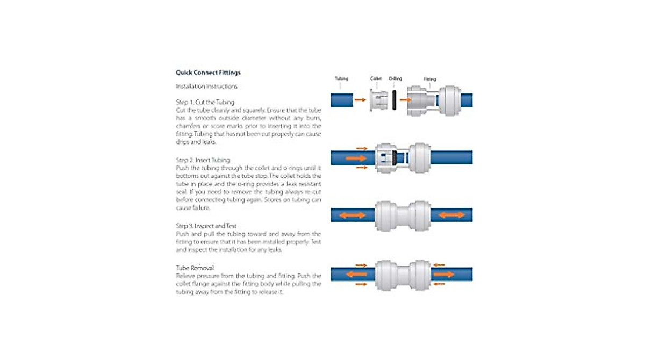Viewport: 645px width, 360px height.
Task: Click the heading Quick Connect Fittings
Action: pos(208,73)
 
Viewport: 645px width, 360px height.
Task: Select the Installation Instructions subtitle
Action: pos(206,87)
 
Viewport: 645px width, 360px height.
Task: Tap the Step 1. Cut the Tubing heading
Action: pos(205,102)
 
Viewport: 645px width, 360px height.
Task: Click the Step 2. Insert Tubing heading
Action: pos(203,160)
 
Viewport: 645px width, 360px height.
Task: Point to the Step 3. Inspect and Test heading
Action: pos(206,226)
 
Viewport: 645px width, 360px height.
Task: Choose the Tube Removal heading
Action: pos(195,268)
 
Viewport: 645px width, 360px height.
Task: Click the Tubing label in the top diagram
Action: pos(341,78)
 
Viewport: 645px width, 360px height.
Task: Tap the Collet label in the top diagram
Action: pos(376,78)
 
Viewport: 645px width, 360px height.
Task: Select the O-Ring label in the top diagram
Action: pos(396,78)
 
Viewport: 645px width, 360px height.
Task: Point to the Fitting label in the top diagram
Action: pos(430,79)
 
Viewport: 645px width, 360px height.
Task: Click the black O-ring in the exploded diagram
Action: pos(394,100)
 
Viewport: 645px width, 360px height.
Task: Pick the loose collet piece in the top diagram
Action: pos(378,100)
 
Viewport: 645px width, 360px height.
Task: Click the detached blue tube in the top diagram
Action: pos(342,100)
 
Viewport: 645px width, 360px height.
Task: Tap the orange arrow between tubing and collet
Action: pos(360,100)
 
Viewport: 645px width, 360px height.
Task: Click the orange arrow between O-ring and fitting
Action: pos(405,100)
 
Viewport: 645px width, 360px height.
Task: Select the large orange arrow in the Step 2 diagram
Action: pos(356,158)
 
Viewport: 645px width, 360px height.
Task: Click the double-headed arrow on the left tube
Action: pos(353,215)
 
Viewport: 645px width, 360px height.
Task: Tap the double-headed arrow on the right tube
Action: pos(452,215)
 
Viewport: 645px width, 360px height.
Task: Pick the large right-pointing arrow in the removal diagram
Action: pos(444,274)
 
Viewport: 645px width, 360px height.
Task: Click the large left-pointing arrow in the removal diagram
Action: pos(356,274)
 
